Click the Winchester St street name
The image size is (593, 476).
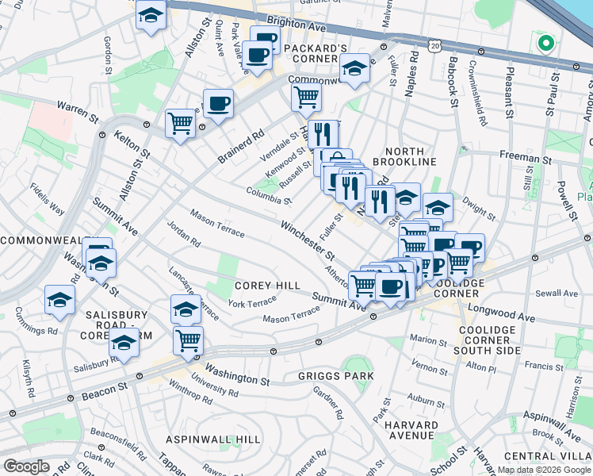coord(307,238)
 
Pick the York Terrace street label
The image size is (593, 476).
coord(252,302)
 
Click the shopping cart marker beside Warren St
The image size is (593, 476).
coord(181,122)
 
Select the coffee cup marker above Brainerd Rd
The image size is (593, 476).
coord(218,102)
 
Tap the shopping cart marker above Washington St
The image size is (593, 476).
coord(189,340)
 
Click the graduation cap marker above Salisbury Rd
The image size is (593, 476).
coord(124,343)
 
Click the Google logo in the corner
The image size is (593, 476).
coord(27,466)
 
